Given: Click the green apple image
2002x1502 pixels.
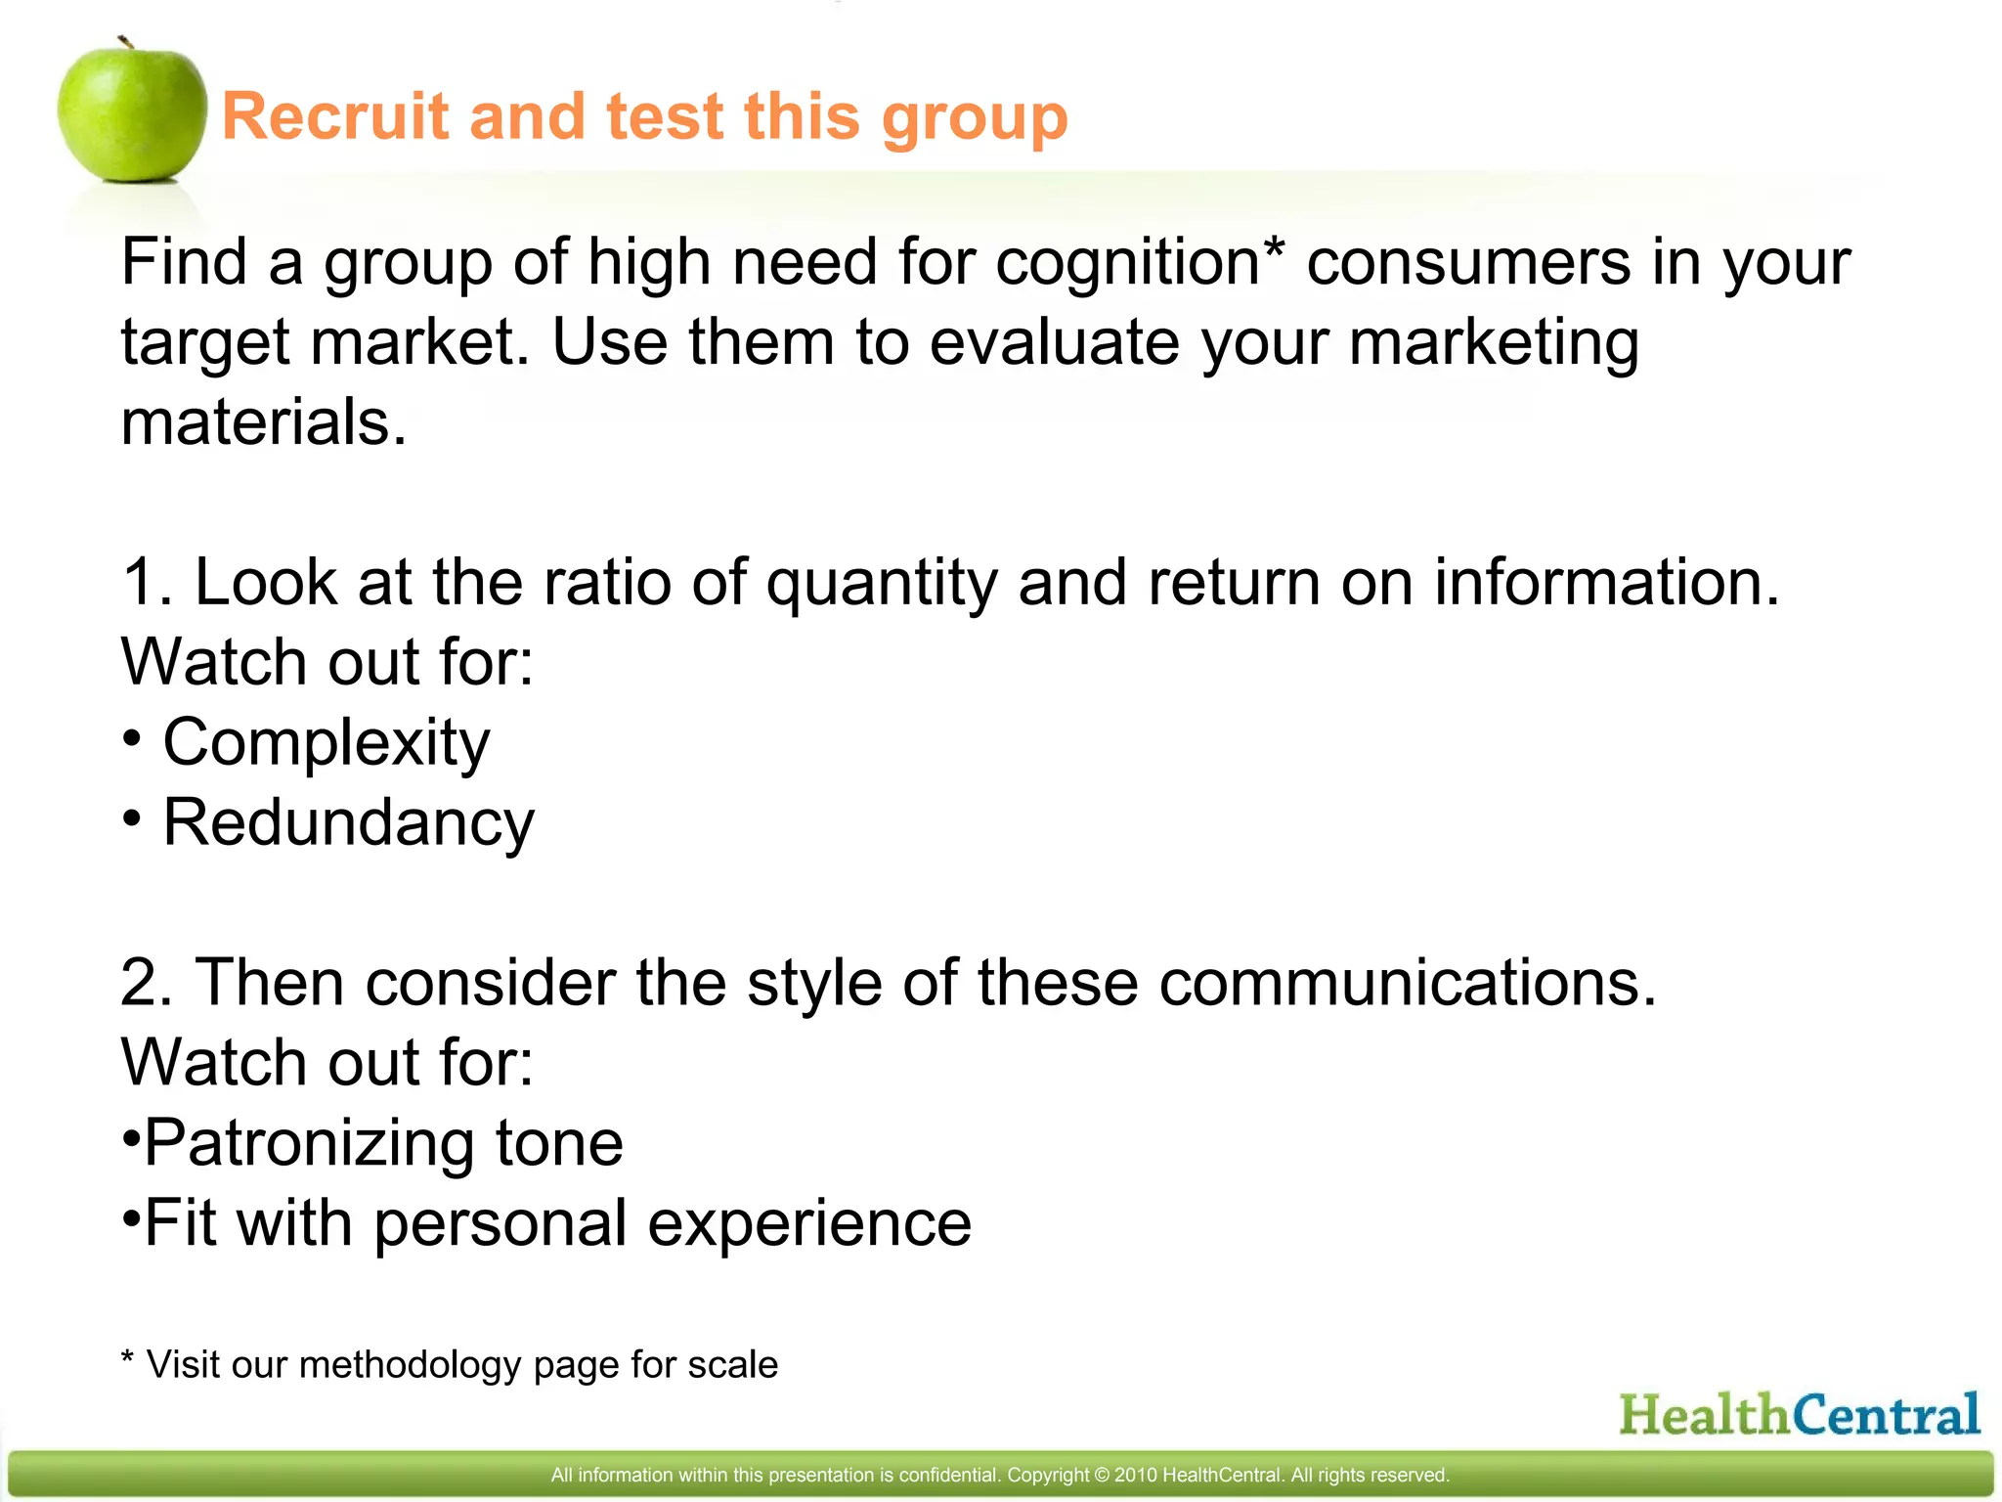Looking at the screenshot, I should pos(132,112).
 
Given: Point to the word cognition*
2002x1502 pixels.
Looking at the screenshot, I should pos(1139,264).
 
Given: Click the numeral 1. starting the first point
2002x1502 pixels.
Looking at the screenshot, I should pos(147,582).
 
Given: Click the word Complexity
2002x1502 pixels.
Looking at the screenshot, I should pos(326,743).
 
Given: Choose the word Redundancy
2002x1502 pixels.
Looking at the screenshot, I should pos(348,822).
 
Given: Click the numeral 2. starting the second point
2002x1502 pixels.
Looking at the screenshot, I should pos(147,982).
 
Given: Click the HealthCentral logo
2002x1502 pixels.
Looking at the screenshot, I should pos(1800,1414).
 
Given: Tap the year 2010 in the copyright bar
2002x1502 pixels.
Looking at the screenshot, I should pos(1135,1475).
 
